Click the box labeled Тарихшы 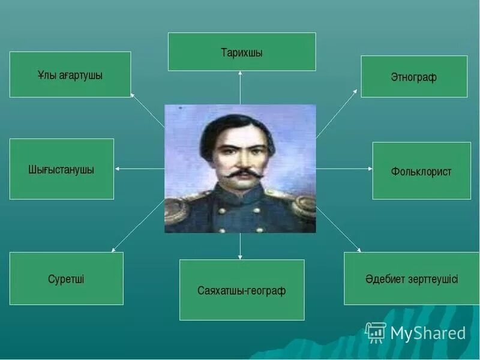(241, 52)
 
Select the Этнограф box (413, 77)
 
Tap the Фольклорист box (421, 171)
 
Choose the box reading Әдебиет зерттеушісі (411, 278)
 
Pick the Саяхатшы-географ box (241, 290)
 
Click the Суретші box (66, 279)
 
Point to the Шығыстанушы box (61, 169)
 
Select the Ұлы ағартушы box (70, 74)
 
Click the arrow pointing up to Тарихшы (240, 87)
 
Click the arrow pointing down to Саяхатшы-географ (240, 246)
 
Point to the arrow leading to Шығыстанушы (139, 169)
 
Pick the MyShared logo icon (376, 332)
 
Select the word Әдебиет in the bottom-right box (385, 279)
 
